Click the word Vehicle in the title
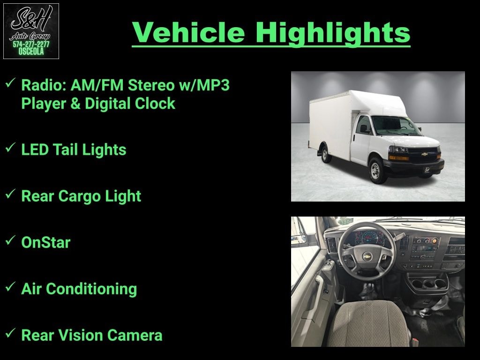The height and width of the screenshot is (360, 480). tap(188, 32)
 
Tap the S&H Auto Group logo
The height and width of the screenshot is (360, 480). tap(31, 31)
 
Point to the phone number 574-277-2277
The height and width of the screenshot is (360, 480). tap(31, 45)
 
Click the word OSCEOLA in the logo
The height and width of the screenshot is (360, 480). tap(31, 52)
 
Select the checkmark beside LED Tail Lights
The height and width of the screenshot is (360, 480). tap(10, 147)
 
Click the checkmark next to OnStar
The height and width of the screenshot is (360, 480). tap(10, 240)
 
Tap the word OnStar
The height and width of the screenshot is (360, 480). tap(46, 242)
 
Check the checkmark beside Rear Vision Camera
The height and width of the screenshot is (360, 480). tap(10, 333)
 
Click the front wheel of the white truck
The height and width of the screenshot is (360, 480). tap(376, 171)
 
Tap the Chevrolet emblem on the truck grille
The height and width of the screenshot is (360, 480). tap(424, 154)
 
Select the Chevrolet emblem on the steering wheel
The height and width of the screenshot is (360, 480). tap(367, 256)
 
